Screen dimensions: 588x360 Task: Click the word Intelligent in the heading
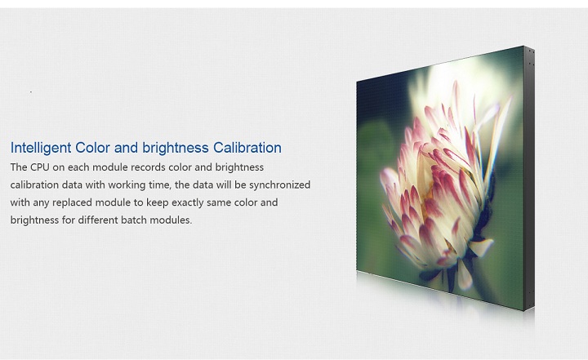pyautogui.click(x=41, y=148)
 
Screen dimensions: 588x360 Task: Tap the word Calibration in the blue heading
pyautogui.click(x=247, y=148)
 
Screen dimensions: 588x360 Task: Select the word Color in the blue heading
pyautogui.click(x=92, y=148)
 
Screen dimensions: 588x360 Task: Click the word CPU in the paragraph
pyautogui.click(x=40, y=167)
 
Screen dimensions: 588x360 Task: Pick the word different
pyautogui.click(x=98, y=220)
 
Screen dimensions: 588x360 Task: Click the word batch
pyautogui.click(x=134, y=220)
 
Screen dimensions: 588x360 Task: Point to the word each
pyautogui.click(x=78, y=167)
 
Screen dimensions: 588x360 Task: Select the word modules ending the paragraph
pyautogui.click(x=171, y=220)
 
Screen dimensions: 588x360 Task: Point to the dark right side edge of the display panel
pyautogui.click(x=529, y=178)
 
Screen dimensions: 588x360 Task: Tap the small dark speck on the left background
pyautogui.click(x=31, y=92)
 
